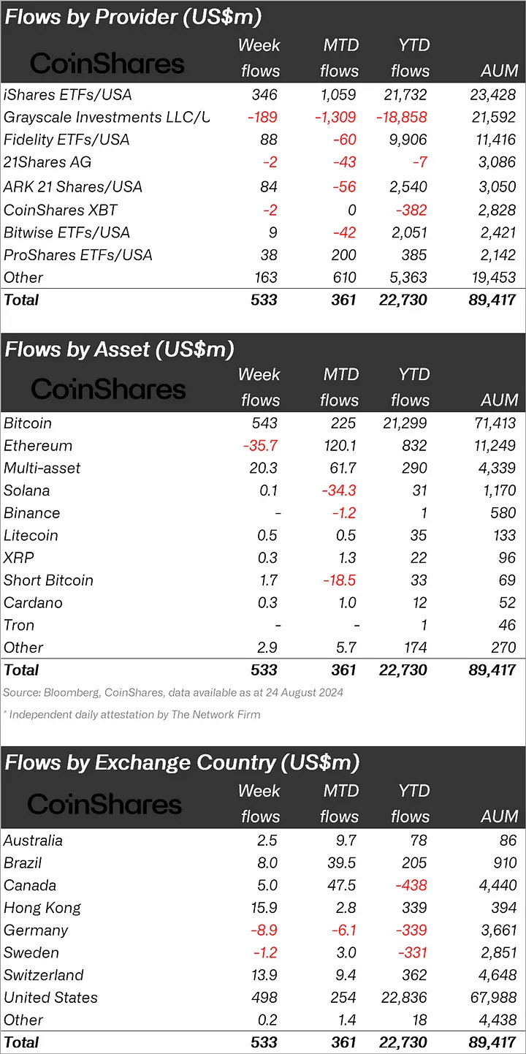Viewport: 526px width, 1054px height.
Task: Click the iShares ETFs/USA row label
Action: [67, 95]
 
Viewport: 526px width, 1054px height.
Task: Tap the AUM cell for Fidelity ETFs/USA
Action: [492, 140]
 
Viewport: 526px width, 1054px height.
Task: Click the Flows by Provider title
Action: [133, 17]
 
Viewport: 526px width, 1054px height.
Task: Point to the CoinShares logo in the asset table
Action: [108, 389]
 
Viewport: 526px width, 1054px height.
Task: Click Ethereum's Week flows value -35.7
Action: [259, 446]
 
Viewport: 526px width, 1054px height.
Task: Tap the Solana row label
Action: [27, 490]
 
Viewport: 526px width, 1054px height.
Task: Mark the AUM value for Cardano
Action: [504, 603]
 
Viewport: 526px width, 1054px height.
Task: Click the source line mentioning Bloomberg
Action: [173, 692]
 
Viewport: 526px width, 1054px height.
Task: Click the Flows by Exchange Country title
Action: [182, 763]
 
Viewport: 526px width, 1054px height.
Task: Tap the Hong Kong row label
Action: [42, 909]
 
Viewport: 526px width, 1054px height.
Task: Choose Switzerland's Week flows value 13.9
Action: [262, 975]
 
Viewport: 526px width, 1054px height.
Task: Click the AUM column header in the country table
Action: [500, 816]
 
